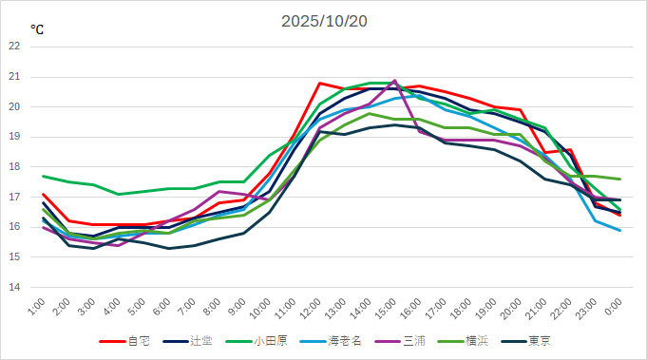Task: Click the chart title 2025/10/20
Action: coord(323,21)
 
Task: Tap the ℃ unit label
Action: coord(36,29)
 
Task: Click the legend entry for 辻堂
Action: coord(196,341)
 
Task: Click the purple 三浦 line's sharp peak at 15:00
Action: coord(395,81)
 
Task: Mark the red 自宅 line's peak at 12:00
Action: coord(320,83)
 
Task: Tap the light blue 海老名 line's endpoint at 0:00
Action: coord(620,230)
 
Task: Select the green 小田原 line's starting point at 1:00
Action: coord(43,176)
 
